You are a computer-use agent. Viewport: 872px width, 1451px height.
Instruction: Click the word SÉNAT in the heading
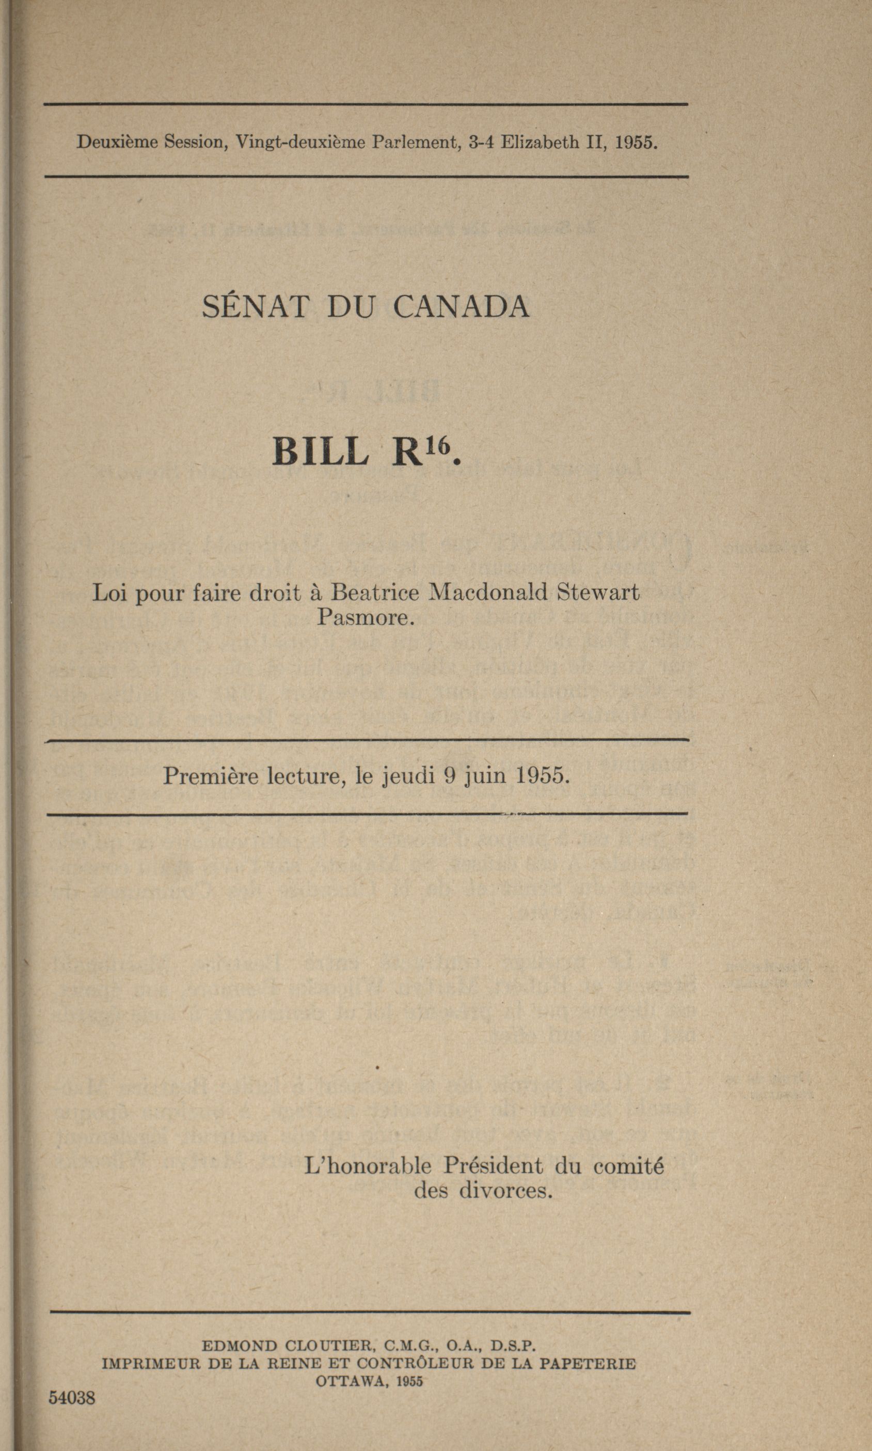[x=255, y=307]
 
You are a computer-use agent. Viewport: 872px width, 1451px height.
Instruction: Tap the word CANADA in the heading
[x=461, y=307]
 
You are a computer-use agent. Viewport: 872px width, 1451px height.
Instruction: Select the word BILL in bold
[x=320, y=452]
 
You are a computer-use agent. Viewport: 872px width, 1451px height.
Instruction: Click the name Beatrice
[x=374, y=592]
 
